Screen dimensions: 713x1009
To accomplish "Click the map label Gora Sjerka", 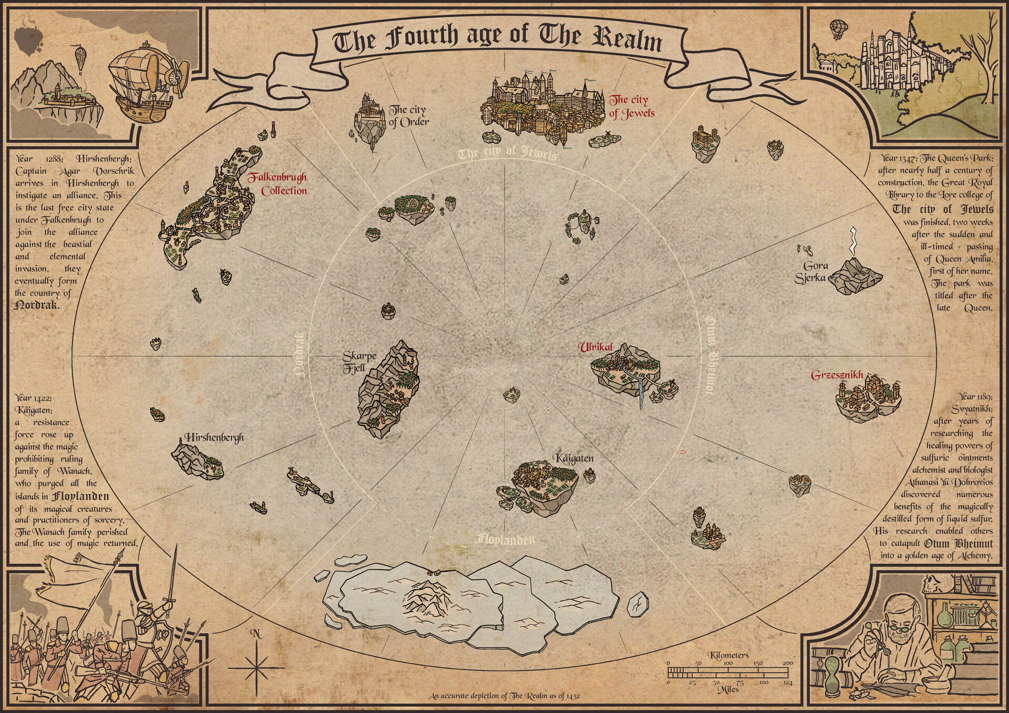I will [x=811, y=272].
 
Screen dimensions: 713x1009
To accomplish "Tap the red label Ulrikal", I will [x=595, y=348].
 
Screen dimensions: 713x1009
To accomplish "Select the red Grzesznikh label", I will [x=837, y=375].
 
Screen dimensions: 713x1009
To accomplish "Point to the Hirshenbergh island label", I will [x=213, y=437].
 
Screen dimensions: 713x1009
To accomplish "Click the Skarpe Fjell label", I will [x=359, y=362].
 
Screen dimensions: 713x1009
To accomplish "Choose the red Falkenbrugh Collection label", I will [x=279, y=184].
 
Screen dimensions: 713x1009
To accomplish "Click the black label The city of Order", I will [x=408, y=116].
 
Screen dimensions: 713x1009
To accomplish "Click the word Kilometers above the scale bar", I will [x=728, y=655].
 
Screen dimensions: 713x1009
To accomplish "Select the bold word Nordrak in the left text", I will [x=37, y=305].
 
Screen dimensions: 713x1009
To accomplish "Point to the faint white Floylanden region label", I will [x=505, y=539].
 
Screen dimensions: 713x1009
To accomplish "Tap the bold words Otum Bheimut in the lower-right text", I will [x=957, y=543].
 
